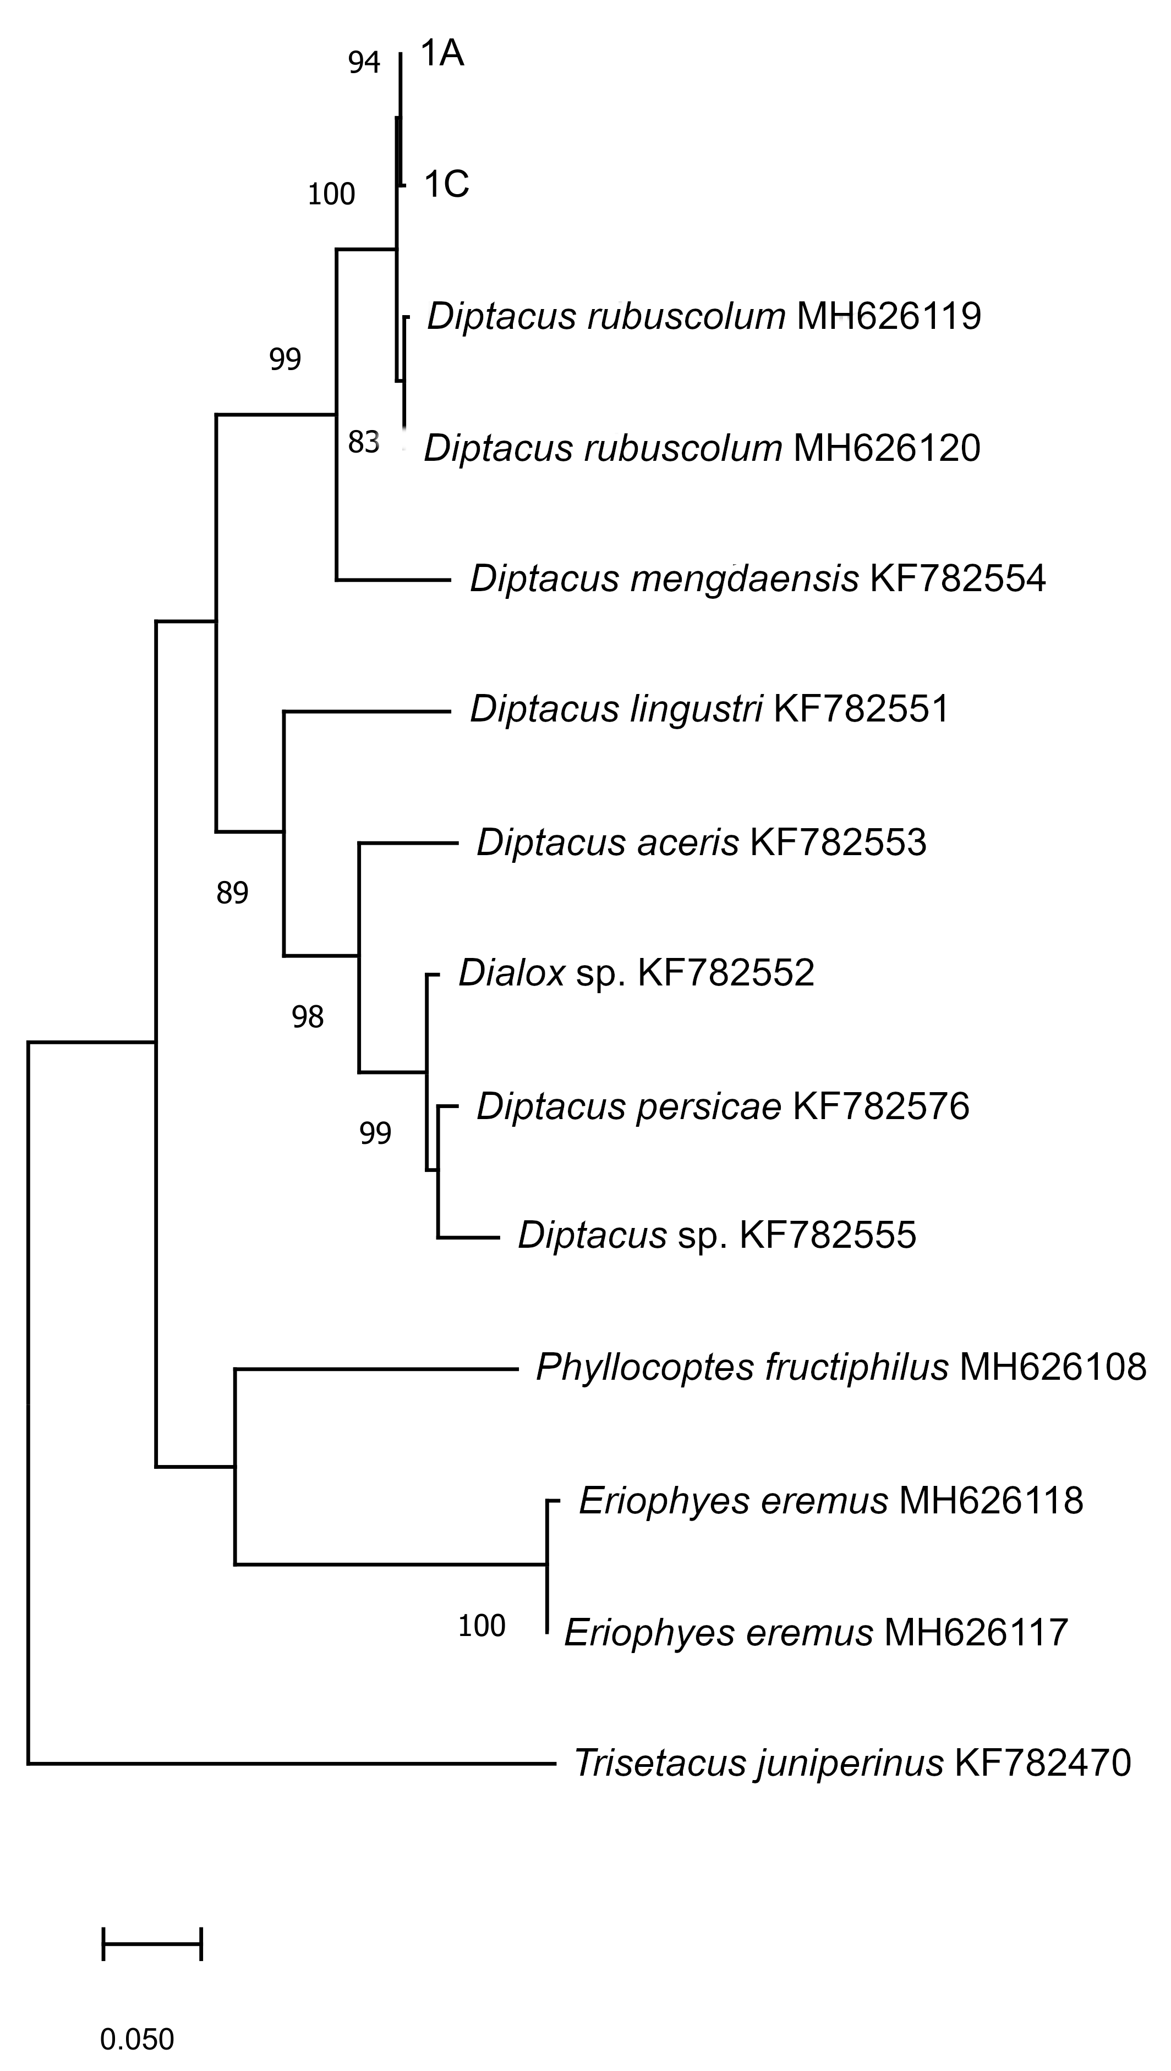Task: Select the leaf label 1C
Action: point(446,185)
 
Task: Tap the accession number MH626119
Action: point(889,317)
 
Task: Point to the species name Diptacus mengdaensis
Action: point(664,579)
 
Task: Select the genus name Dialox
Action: point(512,973)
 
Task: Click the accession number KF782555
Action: point(828,1235)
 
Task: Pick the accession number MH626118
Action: point(991,1501)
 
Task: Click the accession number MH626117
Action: point(976,1633)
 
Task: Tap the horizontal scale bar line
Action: point(152,1944)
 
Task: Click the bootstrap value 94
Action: point(364,63)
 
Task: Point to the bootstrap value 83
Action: point(364,442)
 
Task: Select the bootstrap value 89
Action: point(232,893)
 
